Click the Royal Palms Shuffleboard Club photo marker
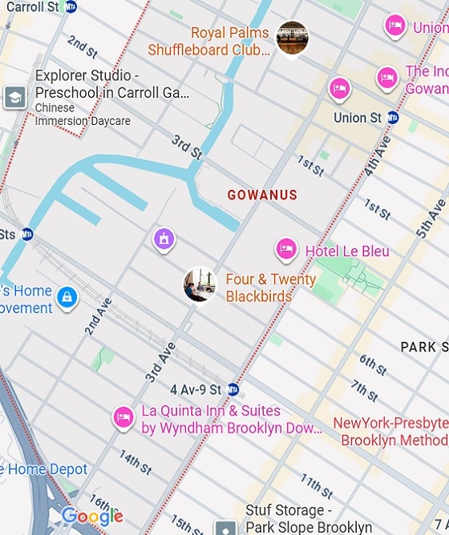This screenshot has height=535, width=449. tap(292, 38)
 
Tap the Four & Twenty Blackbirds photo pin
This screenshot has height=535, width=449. tap(200, 285)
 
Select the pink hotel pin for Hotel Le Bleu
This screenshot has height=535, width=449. tap(286, 250)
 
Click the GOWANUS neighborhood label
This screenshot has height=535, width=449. tap(262, 195)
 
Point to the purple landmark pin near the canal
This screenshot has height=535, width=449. tap(164, 238)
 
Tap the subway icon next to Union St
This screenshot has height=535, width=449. tap(392, 118)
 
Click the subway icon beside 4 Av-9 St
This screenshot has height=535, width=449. tap(233, 389)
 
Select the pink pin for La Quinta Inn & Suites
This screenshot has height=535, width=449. tap(123, 416)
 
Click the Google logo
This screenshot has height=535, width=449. tap(92, 517)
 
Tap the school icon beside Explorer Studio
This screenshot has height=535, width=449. tap(14, 98)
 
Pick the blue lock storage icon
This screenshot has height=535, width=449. tap(67, 298)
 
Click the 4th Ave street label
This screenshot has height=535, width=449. tap(377, 157)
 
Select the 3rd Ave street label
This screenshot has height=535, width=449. tap(160, 362)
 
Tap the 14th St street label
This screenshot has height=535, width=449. tap(135, 462)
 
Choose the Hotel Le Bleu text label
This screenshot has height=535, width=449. tap(347, 251)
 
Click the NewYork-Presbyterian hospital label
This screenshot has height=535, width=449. tap(390, 432)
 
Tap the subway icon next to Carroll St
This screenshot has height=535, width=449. tap(71, 6)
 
